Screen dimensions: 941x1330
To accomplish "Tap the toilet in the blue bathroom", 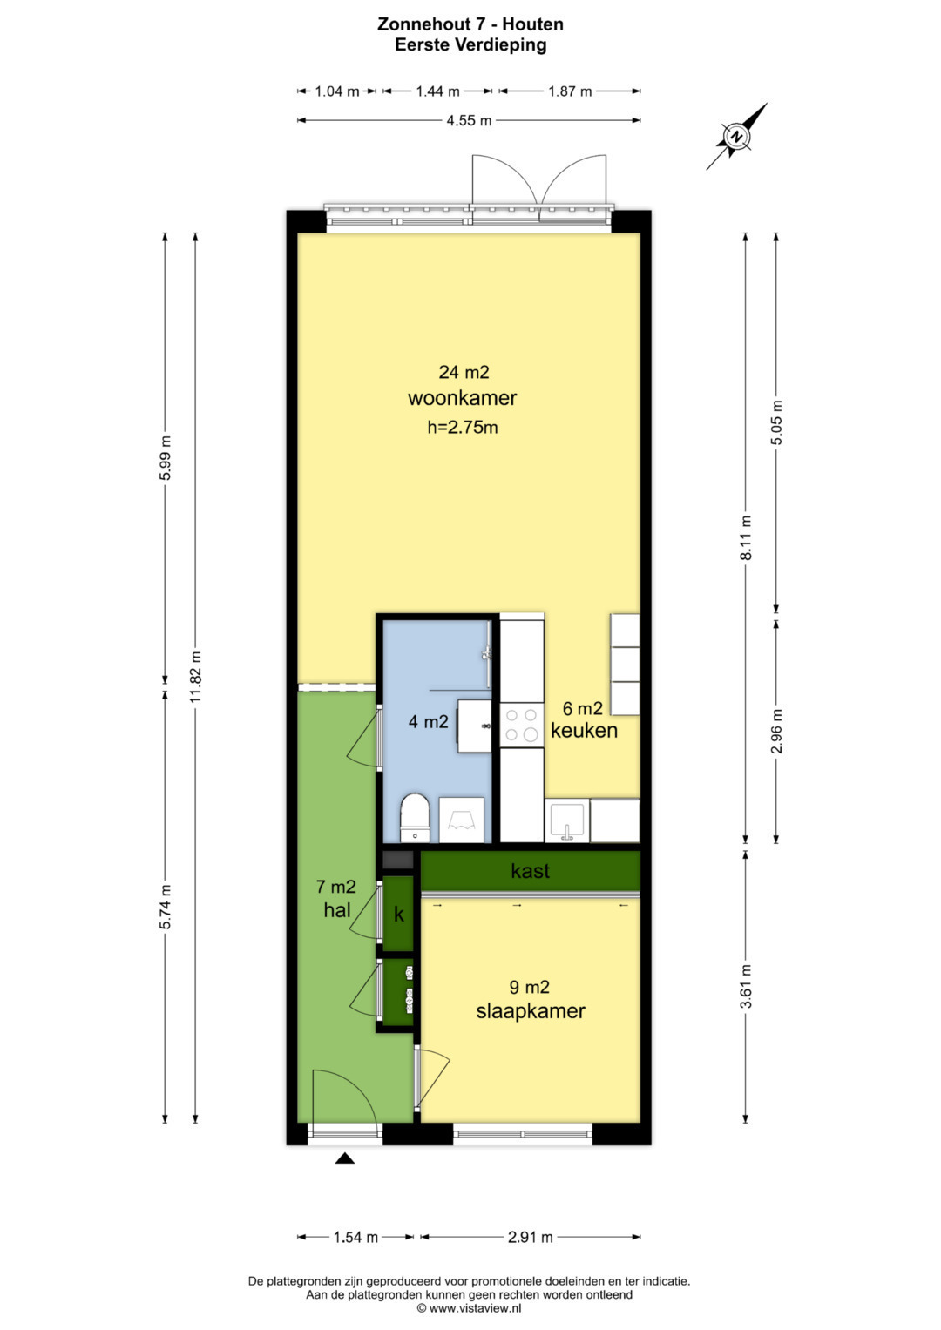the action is pos(415,817).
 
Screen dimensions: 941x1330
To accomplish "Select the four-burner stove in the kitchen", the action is pos(522,725).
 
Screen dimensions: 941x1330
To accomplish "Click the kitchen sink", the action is pos(567,821).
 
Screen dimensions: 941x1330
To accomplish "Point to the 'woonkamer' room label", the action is pos(462,398).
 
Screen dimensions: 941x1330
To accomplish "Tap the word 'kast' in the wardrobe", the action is pos(531,871).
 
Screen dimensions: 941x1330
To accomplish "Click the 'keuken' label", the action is pos(584,730).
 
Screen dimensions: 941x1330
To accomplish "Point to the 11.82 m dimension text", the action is pos(195,677).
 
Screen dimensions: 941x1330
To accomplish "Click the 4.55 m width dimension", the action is pos(469,120).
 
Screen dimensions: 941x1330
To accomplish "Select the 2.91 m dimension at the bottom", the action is pos(530,1238).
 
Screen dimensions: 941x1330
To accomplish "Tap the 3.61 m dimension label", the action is pos(746,986).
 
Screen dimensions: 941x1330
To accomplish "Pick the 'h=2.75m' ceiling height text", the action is pos(462,427).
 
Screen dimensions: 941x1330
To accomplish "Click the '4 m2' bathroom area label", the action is pos(429,722).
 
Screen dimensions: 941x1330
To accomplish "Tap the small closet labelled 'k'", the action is pos(397,915).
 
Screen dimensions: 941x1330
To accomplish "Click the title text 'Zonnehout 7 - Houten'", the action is pos(470,24).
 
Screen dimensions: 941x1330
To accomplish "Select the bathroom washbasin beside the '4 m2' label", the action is pos(474,726).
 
